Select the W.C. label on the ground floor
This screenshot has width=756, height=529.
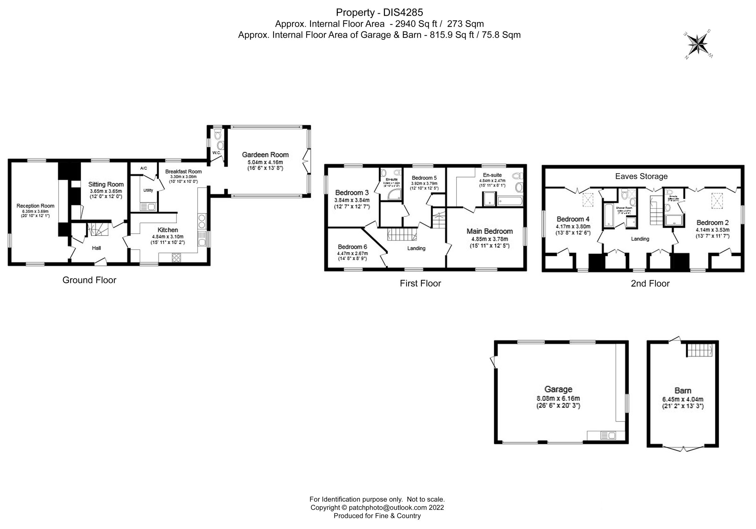216,153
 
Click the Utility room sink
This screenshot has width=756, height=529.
148,207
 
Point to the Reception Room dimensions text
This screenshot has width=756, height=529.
35,213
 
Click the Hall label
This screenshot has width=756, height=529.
96,248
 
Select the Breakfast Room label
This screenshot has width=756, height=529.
183,172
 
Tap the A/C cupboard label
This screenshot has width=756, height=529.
144,168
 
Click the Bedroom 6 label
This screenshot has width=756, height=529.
352,247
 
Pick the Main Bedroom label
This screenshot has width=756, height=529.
490,231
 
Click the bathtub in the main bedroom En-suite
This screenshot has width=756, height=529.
510,201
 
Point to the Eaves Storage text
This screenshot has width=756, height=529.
641,176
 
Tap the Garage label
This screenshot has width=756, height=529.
558,389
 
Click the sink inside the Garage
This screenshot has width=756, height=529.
608,435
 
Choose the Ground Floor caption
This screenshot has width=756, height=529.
89,280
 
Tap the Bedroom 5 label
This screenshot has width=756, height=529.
424,178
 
